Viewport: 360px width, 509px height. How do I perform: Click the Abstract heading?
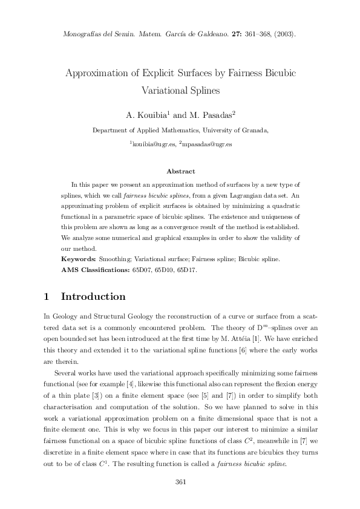tap(180, 172)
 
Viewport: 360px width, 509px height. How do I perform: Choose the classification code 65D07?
tap(143, 270)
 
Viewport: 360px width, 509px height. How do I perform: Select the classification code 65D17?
tap(186, 270)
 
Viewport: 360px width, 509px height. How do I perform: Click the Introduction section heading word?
tap(93, 297)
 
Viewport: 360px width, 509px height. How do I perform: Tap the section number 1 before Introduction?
tap(47, 297)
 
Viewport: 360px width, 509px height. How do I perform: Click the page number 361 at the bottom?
tap(180, 482)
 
